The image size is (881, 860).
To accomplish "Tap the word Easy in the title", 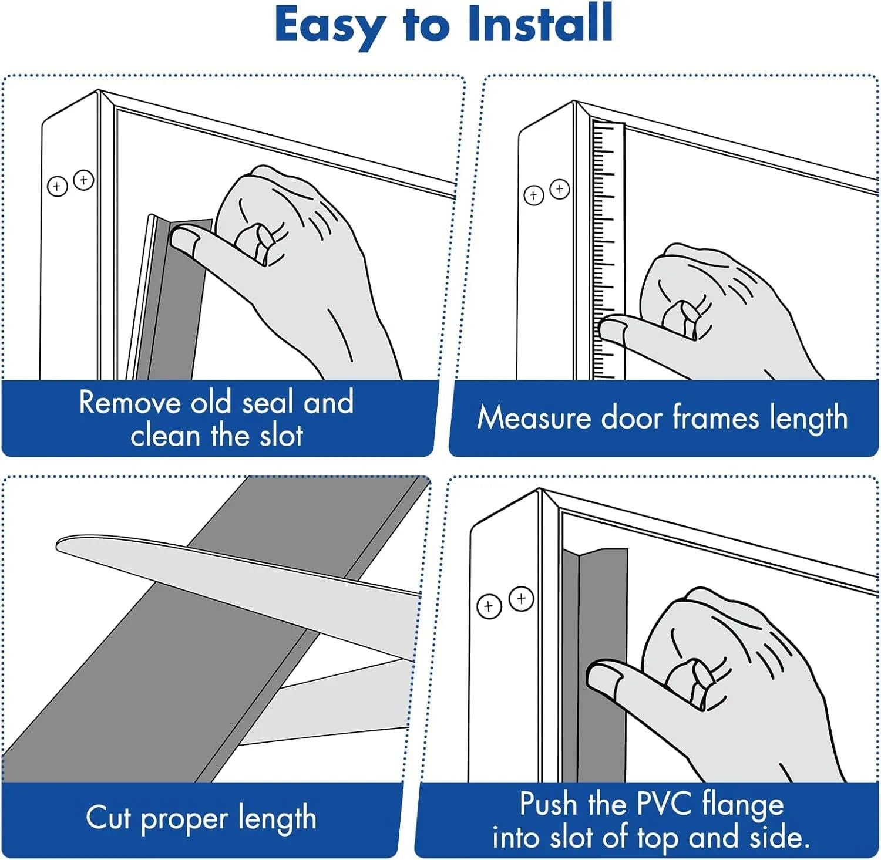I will coord(329,25).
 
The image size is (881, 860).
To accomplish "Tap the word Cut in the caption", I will coord(109,817).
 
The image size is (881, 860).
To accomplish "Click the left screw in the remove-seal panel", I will coord(57,187).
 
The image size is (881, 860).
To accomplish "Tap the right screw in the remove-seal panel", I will coord(83,180).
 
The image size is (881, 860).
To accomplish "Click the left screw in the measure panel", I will coord(533,195).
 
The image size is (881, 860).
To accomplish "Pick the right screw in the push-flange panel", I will coord(521,599).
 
